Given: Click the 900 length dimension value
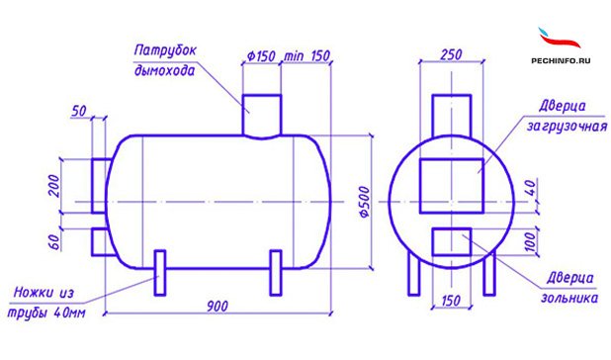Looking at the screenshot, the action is click(x=218, y=307).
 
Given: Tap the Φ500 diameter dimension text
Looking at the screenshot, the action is click(x=364, y=202).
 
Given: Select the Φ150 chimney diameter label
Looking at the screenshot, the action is click(x=261, y=56).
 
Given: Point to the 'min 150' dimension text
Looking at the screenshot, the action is click(x=307, y=55).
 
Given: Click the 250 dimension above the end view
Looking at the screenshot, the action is click(x=451, y=54).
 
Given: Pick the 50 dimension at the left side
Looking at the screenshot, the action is click(x=79, y=111).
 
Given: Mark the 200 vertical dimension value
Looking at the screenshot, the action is click(x=54, y=186).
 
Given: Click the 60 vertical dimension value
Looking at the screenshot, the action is click(x=55, y=242).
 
